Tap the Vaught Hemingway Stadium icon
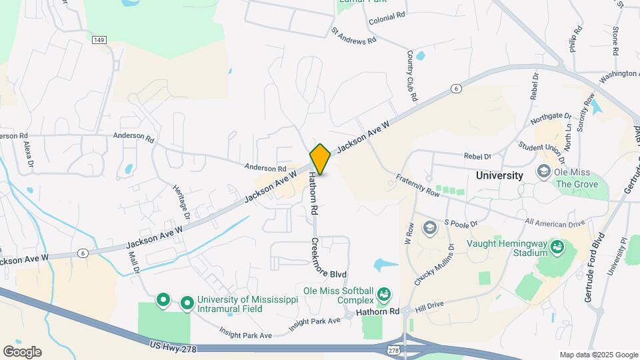point(557,249)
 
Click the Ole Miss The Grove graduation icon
point(543,173)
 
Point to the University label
point(499,175)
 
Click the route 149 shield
point(99,40)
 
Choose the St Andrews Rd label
point(354,36)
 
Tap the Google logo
point(22,351)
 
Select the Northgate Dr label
point(551,118)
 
